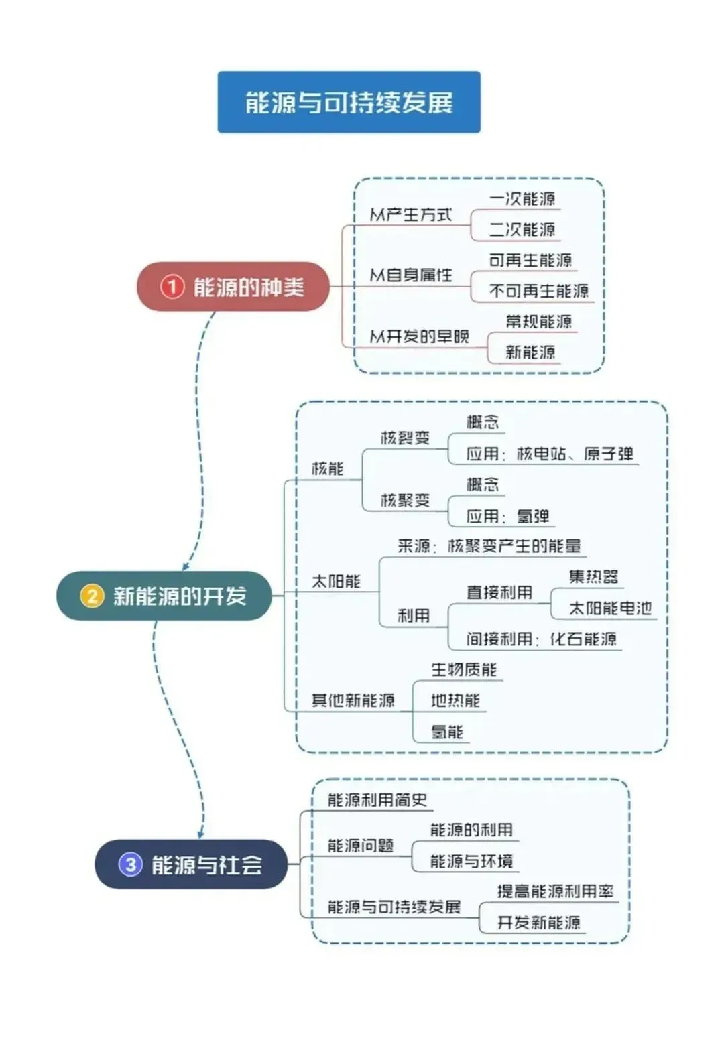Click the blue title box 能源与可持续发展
tap(349, 102)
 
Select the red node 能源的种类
tap(233, 287)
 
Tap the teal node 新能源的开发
tap(164, 596)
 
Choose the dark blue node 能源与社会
tap(191, 864)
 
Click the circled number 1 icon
tap(172, 287)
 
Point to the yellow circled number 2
tap(92, 596)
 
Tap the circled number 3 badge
tap(131, 864)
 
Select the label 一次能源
tap(522, 199)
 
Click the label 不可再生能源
tap(539, 291)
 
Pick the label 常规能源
tap(539, 322)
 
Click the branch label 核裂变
tap(405, 438)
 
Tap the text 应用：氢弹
tap(508, 517)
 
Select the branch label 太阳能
tap(336, 582)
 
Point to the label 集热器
tap(593, 577)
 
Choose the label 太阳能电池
tap(610, 608)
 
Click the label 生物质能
tap(463, 670)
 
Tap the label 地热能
tap(455, 701)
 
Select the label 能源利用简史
tap(377, 800)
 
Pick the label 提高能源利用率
tap(555, 892)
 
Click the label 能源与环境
tap(471, 861)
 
